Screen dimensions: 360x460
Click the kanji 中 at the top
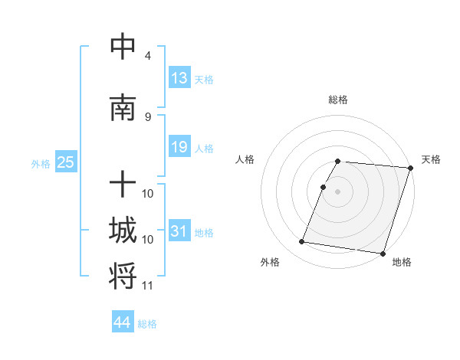[123, 47]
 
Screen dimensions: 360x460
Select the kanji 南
[123, 108]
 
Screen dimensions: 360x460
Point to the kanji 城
[123, 231]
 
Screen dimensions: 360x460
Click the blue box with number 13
[179, 77]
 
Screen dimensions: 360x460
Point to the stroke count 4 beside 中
[147, 56]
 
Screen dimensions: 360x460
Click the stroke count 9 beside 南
[147, 117]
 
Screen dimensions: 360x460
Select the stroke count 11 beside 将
[148, 286]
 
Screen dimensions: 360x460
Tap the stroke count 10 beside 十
[148, 193]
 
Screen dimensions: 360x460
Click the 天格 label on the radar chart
[431, 159]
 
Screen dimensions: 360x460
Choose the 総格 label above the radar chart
[338, 100]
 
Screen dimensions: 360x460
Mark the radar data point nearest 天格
[410, 168]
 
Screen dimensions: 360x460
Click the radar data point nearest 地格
[383, 253]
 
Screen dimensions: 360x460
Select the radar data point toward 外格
[302, 242]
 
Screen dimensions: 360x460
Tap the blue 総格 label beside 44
[147, 324]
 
